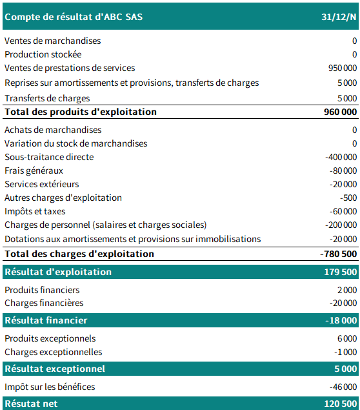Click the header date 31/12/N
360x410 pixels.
pos(340,17)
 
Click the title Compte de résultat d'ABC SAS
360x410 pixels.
pos(74,17)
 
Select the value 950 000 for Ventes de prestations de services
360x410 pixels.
pos(342,68)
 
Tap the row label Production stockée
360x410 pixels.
pos(43,55)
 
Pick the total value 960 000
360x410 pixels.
pos(340,112)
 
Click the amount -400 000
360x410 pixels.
pos(341,158)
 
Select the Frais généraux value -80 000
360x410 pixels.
pos(343,171)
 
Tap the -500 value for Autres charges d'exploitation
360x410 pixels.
pos(348,198)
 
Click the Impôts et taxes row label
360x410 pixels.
pos(35,212)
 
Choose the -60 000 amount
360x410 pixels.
pos(343,212)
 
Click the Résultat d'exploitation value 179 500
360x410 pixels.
pos(340,272)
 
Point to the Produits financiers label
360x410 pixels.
pos(42,291)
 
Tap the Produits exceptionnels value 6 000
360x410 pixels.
pos(346,339)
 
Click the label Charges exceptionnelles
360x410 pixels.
pos(54,353)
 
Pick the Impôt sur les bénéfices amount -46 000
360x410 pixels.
pos(343,387)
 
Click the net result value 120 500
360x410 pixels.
pos(340,404)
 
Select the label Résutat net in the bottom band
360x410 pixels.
pos(31,404)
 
